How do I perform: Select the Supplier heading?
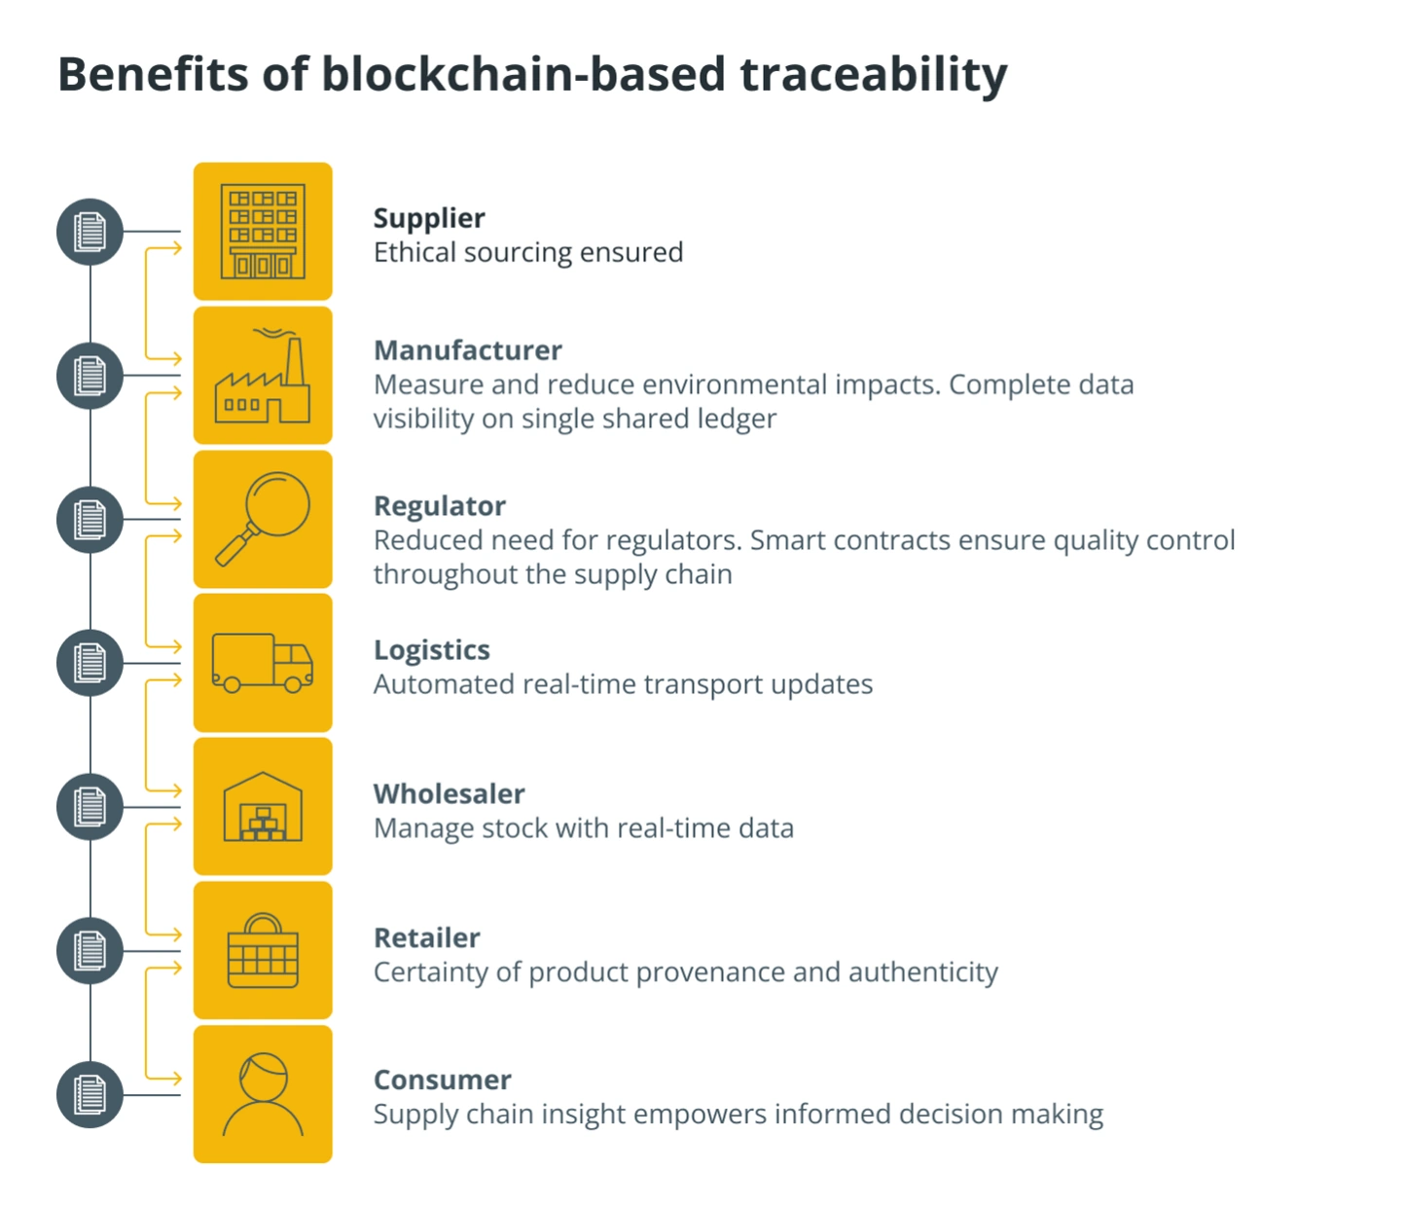point(429,219)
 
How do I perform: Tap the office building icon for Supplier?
point(263,232)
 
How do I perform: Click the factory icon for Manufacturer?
point(263,376)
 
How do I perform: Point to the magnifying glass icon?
point(263,519)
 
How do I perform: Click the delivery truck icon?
point(263,663)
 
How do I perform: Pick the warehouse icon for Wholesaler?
point(263,806)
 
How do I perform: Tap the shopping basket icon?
point(263,950)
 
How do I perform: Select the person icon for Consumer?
point(263,1094)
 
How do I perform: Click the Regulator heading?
point(440,506)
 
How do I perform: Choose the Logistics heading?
point(432,651)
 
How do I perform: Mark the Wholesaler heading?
point(450,793)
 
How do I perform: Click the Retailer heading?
point(427,937)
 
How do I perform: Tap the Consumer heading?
point(443,1080)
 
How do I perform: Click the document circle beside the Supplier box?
point(90,232)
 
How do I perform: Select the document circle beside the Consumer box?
point(90,1095)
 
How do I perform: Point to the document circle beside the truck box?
point(90,663)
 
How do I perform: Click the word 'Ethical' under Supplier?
point(414,252)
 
